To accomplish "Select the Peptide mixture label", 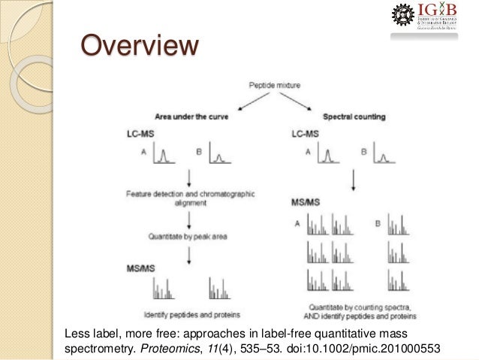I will pyautogui.click(x=273, y=87).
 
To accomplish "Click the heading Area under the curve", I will pyautogui.click(x=192, y=117).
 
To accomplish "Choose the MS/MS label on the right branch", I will pyautogui.click(x=306, y=202).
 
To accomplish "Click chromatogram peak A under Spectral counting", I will pyautogui.click(x=328, y=156).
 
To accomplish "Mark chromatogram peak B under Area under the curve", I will pyautogui.click(x=220, y=156).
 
